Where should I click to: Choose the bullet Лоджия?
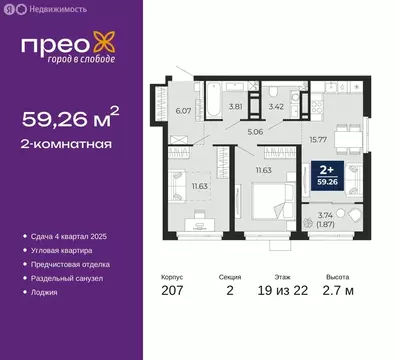46,293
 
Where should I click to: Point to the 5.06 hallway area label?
253,130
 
